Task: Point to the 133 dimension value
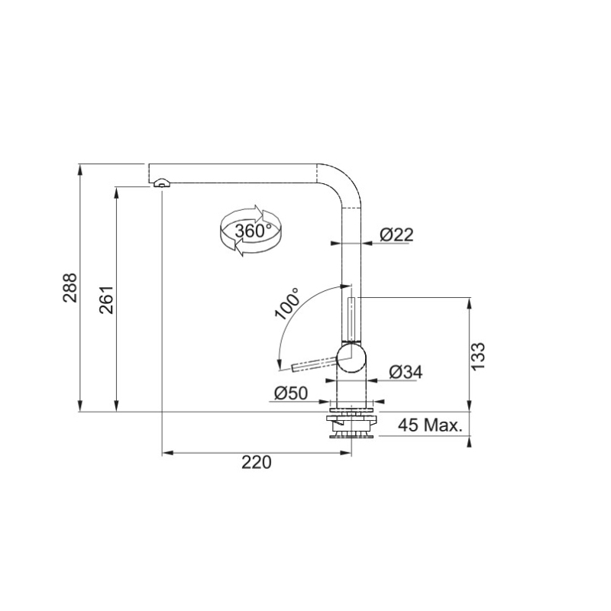click(479, 356)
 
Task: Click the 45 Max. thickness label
click(430, 425)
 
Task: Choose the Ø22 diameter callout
click(396, 235)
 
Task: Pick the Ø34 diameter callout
click(405, 372)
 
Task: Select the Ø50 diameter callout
click(290, 393)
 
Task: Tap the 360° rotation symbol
click(250, 230)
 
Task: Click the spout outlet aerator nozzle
click(161, 183)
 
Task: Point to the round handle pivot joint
click(351, 357)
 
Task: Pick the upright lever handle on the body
click(351, 318)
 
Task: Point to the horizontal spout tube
click(237, 173)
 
